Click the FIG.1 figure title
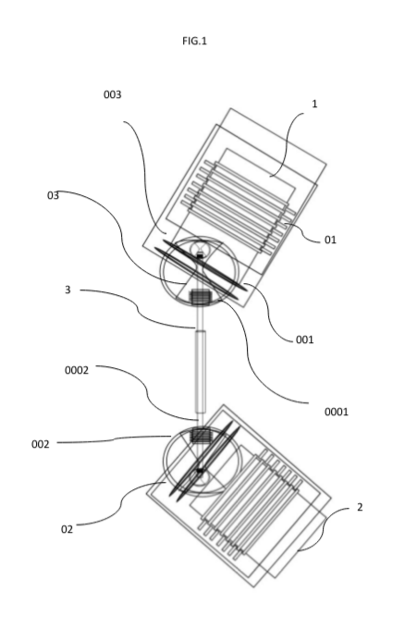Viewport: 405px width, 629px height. point(194,41)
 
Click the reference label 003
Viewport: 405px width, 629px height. point(112,94)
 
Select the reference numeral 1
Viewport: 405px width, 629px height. point(314,104)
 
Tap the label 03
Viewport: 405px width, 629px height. point(53,195)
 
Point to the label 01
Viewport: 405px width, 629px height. point(330,240)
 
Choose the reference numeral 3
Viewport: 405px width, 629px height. point(67,290)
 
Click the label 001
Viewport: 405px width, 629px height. point(304,339)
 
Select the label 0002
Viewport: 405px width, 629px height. point(77,370)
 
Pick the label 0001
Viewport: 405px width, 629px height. point(336,412)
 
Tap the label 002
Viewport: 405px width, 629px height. point(40,445)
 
